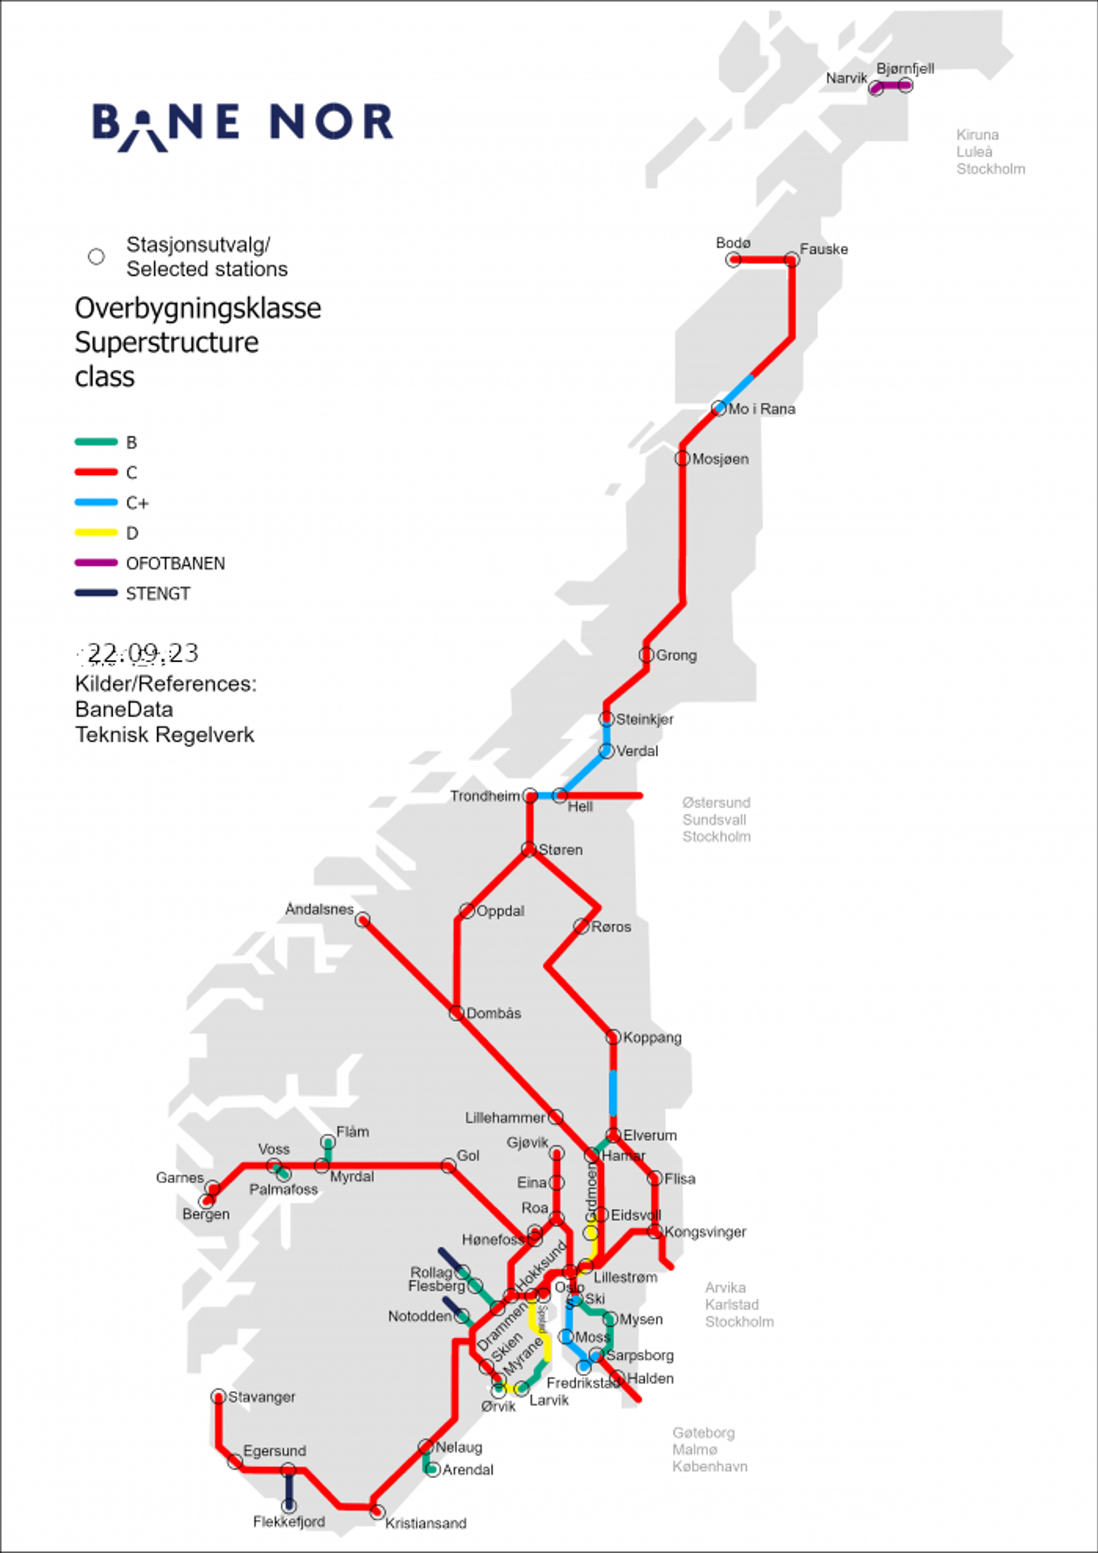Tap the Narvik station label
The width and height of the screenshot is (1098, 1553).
coord(846,78)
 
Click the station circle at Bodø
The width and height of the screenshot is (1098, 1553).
coord(734,259)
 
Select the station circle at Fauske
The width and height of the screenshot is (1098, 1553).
coord(791,259)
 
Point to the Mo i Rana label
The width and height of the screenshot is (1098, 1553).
coord(762,409)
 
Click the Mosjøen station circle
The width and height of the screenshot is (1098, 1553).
coord(682,458)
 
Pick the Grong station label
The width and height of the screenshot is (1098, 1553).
coord(676,655)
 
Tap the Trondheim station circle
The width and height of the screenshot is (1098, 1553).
coord(530,796)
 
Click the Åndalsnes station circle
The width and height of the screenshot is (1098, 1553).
coord(363,920)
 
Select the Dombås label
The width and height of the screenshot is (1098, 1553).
coord(493,1014)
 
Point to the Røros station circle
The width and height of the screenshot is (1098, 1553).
coord(581,926)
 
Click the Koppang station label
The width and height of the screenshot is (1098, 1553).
coord(652,1038)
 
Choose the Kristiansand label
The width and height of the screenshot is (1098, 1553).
coord(425,1523)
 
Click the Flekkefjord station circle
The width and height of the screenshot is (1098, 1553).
coord(290,1506)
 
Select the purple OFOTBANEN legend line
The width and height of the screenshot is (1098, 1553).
coord(96,563)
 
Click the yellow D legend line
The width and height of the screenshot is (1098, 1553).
coord(96,533)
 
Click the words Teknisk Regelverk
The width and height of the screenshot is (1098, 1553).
coord(165,735)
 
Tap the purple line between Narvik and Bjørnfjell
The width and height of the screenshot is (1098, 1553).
coord(891,86)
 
